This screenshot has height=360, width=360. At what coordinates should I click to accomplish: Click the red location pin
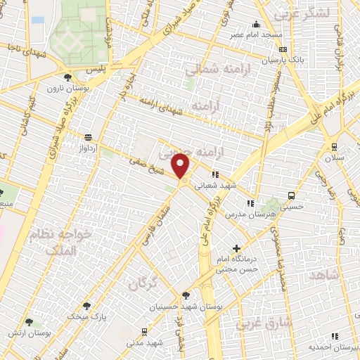pyautogui.click(x=181, y=167)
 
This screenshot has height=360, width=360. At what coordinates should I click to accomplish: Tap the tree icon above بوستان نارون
pyautogui.click(x=67, y=78)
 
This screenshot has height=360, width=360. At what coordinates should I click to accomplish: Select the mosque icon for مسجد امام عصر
pyautogui.click(x=256, y=25)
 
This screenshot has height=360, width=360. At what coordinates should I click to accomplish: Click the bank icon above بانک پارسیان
pyautogui.click(x=283, y=50)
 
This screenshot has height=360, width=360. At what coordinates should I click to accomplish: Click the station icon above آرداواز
pyautogui.click(x=88, y=137)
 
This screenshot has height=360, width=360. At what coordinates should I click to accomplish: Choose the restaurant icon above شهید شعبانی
pyautogui.click(x=215, y=174)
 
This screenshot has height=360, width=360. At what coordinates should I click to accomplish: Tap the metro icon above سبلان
pyautogui.click(x=333, y=148)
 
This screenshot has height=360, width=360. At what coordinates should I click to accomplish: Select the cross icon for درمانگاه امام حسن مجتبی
pyautogui.click(x=237, y=247)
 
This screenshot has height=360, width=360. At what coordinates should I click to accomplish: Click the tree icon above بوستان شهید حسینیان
pyautogui.click(x=186, y=296)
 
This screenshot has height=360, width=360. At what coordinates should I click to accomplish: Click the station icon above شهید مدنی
pyautogui.click(x=144, y=331)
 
